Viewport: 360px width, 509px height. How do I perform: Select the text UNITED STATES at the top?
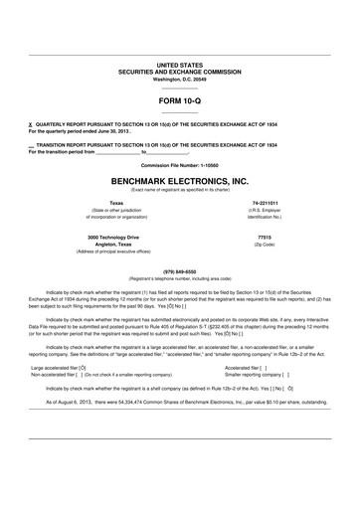click(179, 64)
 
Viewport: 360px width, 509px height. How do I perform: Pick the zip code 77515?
click(265, 239)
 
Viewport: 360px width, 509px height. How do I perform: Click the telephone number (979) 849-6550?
click(179, 271)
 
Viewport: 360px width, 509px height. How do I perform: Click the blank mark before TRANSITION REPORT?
click(32, 146)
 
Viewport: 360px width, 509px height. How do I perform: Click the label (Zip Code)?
click(265, 247)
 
